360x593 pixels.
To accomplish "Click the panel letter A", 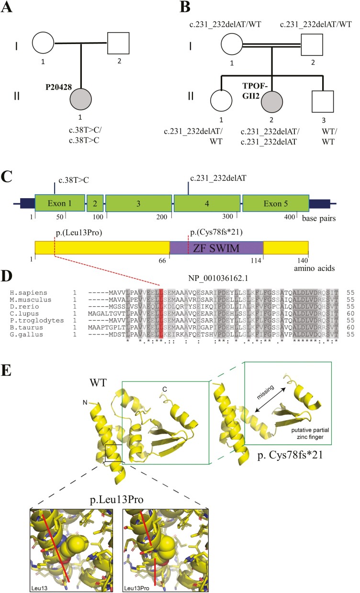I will click(9, 8).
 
